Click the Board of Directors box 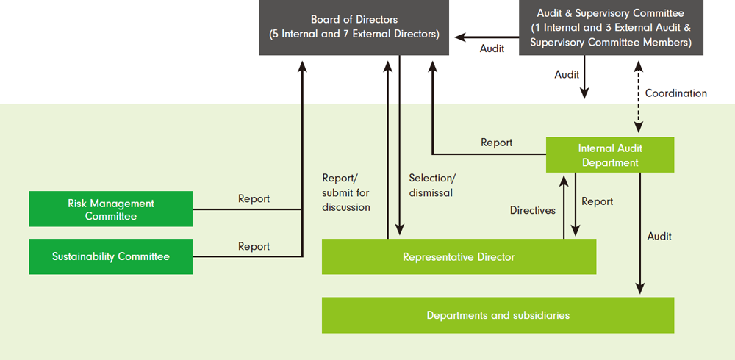(x=354, y=26)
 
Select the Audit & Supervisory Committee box (x=611, y=28)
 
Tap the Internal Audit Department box (x=609, y=155)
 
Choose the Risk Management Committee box (x=110, y=209)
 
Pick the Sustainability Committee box (x=110, y=256)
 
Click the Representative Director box (x=459, y=257)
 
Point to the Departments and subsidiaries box (x=498, y=315)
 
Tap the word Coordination (x=675, y=93)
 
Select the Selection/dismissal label (x=432, y=185)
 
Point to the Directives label (x=533, y=210)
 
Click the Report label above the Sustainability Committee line (x=254, y=247)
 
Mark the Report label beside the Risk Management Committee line (x=254, y=199)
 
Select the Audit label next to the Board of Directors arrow (x=492, y=48)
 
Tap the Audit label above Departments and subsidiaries (x=659, y=237)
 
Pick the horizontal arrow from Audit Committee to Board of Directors (x=485, y=35)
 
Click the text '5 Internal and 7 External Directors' (x=354, y=34)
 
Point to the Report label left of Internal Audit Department (x=496, y=143)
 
